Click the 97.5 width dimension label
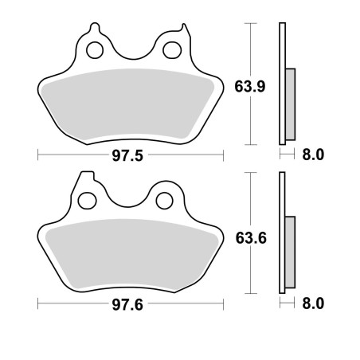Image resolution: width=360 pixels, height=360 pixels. [127, 155]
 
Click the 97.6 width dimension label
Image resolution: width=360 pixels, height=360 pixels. [127, 304]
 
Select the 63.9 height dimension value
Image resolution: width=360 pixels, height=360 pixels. [250, 87]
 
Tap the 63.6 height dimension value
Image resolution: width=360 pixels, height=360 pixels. [251, 238]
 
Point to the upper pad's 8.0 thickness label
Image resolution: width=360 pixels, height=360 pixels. [313, 155]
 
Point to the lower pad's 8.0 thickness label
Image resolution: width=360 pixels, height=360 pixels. [313, 303]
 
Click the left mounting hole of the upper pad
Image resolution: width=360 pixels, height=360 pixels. [95, 50]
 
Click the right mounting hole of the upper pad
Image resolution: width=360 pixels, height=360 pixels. [172, 50]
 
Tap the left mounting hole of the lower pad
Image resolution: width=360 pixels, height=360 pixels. [87, 201]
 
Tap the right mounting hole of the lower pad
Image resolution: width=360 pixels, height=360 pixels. [165, 201]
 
